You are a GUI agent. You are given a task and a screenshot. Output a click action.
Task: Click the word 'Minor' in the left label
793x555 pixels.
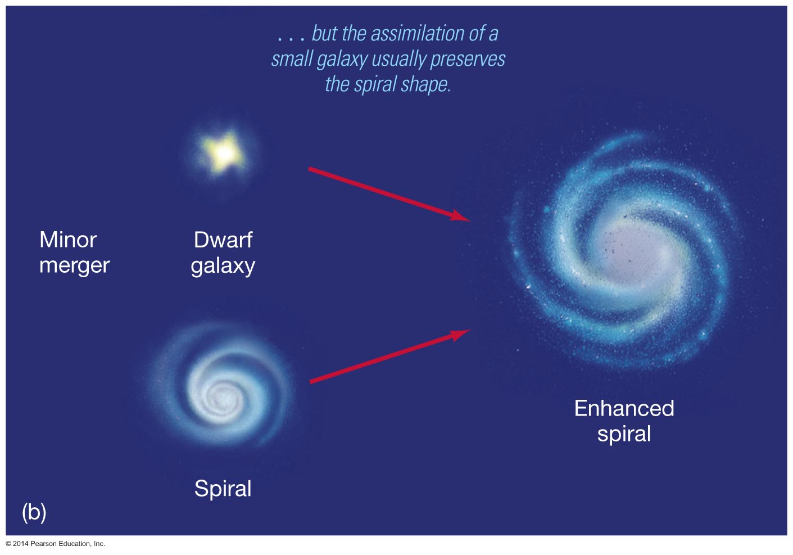(68, 240)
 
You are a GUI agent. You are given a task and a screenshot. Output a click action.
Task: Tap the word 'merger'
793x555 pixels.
(74, 265)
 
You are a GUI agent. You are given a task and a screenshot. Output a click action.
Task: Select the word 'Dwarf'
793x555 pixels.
(223, 240)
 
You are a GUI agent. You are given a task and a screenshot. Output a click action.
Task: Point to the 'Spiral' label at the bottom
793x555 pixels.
(223, 489)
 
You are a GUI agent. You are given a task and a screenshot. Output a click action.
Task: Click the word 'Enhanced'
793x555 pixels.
(624, 408)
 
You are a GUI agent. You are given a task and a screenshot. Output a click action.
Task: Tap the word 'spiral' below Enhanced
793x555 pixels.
(624, 434)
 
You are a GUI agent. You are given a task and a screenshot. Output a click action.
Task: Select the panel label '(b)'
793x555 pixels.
(34, 512)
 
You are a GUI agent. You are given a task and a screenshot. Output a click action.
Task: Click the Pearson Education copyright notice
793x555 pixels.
(55, 544)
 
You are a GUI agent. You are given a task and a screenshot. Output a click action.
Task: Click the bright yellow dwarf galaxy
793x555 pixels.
(223, 154)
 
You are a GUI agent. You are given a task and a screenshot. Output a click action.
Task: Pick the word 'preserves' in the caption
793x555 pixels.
(468, 59)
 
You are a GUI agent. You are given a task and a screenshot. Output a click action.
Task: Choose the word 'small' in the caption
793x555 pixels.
(292, 59)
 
